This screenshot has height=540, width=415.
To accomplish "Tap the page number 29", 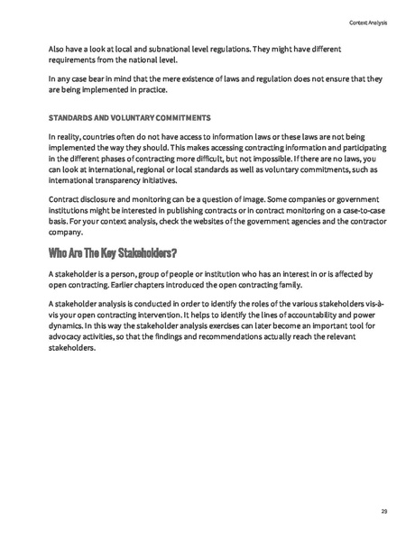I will (383, 511).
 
